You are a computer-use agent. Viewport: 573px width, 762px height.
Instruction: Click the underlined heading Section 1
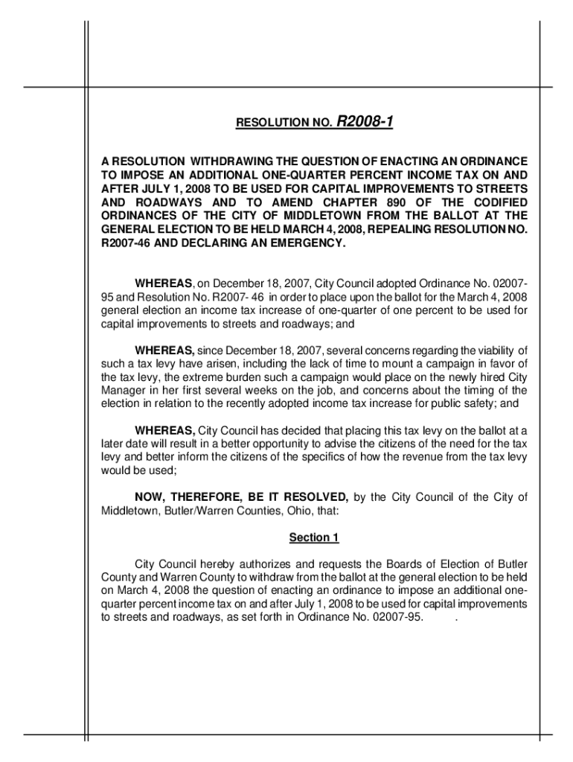click(x=314, y=537)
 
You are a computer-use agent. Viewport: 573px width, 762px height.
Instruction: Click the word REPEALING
click(x=391, y=230)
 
